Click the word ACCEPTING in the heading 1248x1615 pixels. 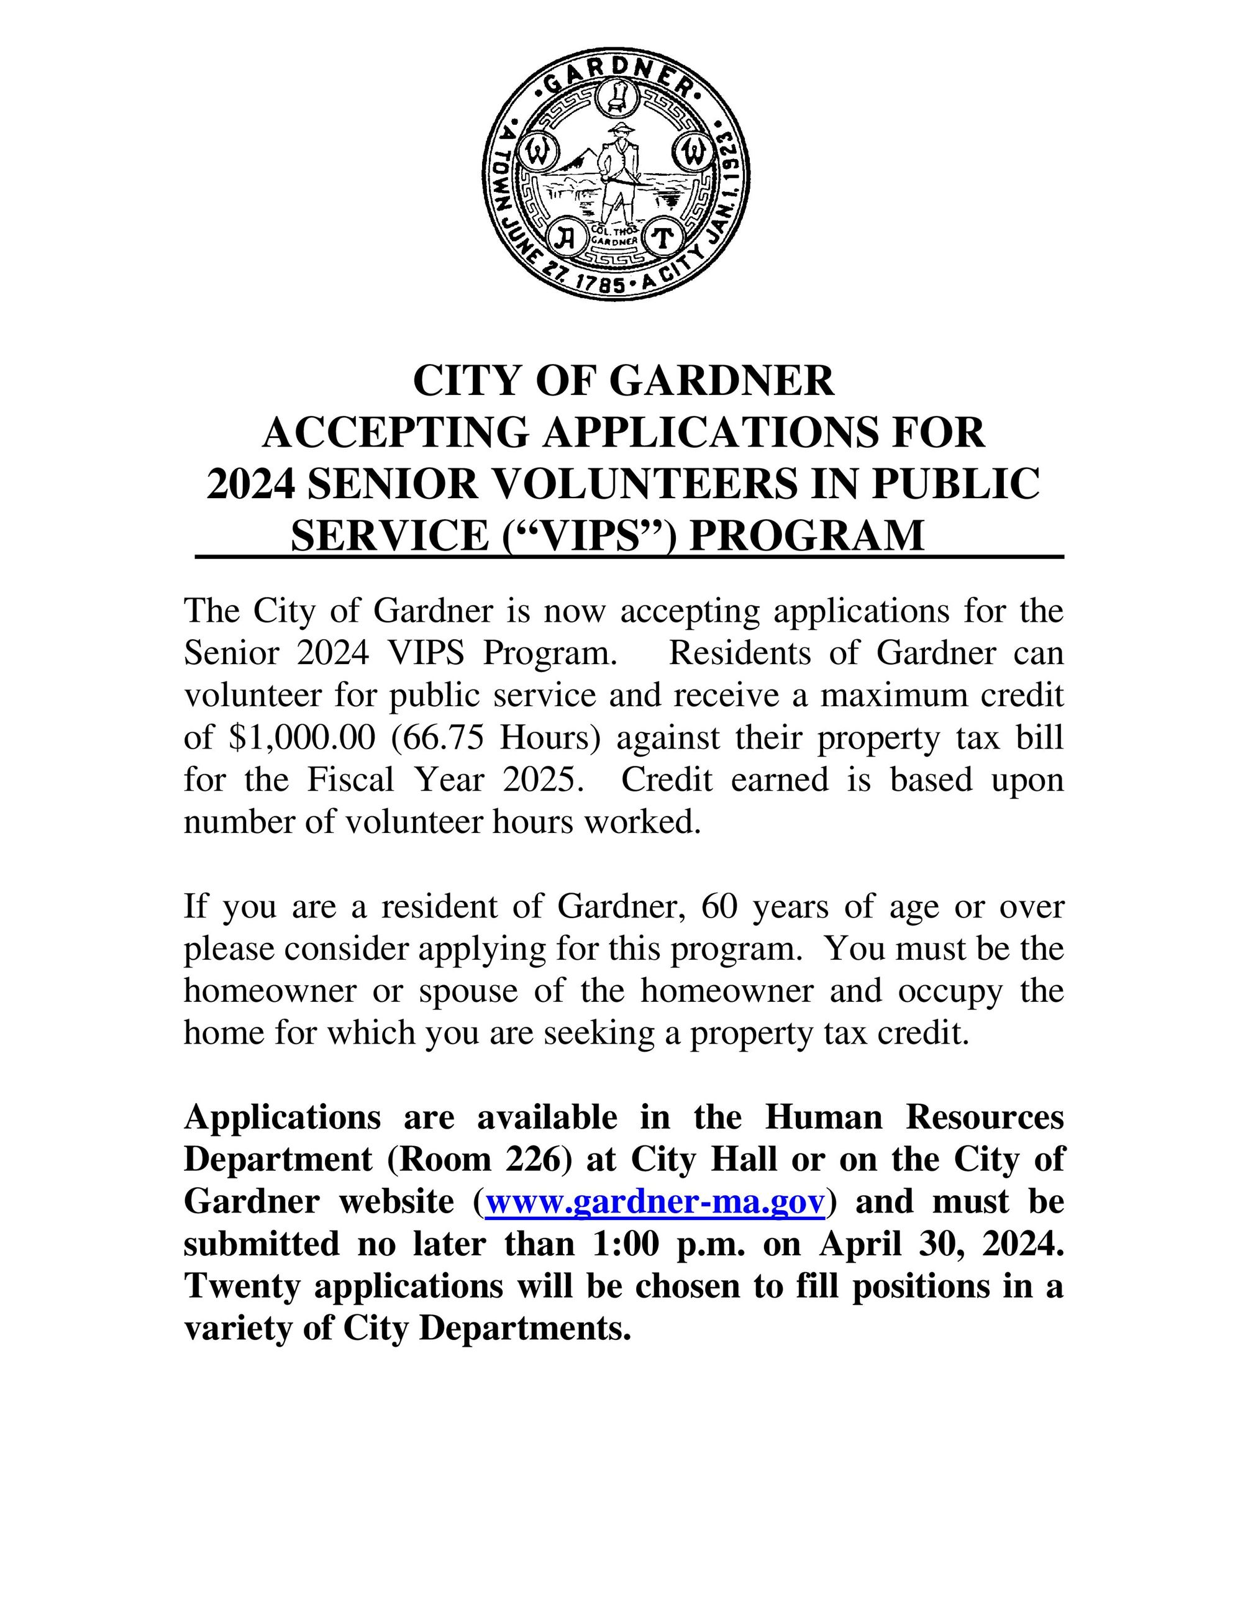tap(396, 432)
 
